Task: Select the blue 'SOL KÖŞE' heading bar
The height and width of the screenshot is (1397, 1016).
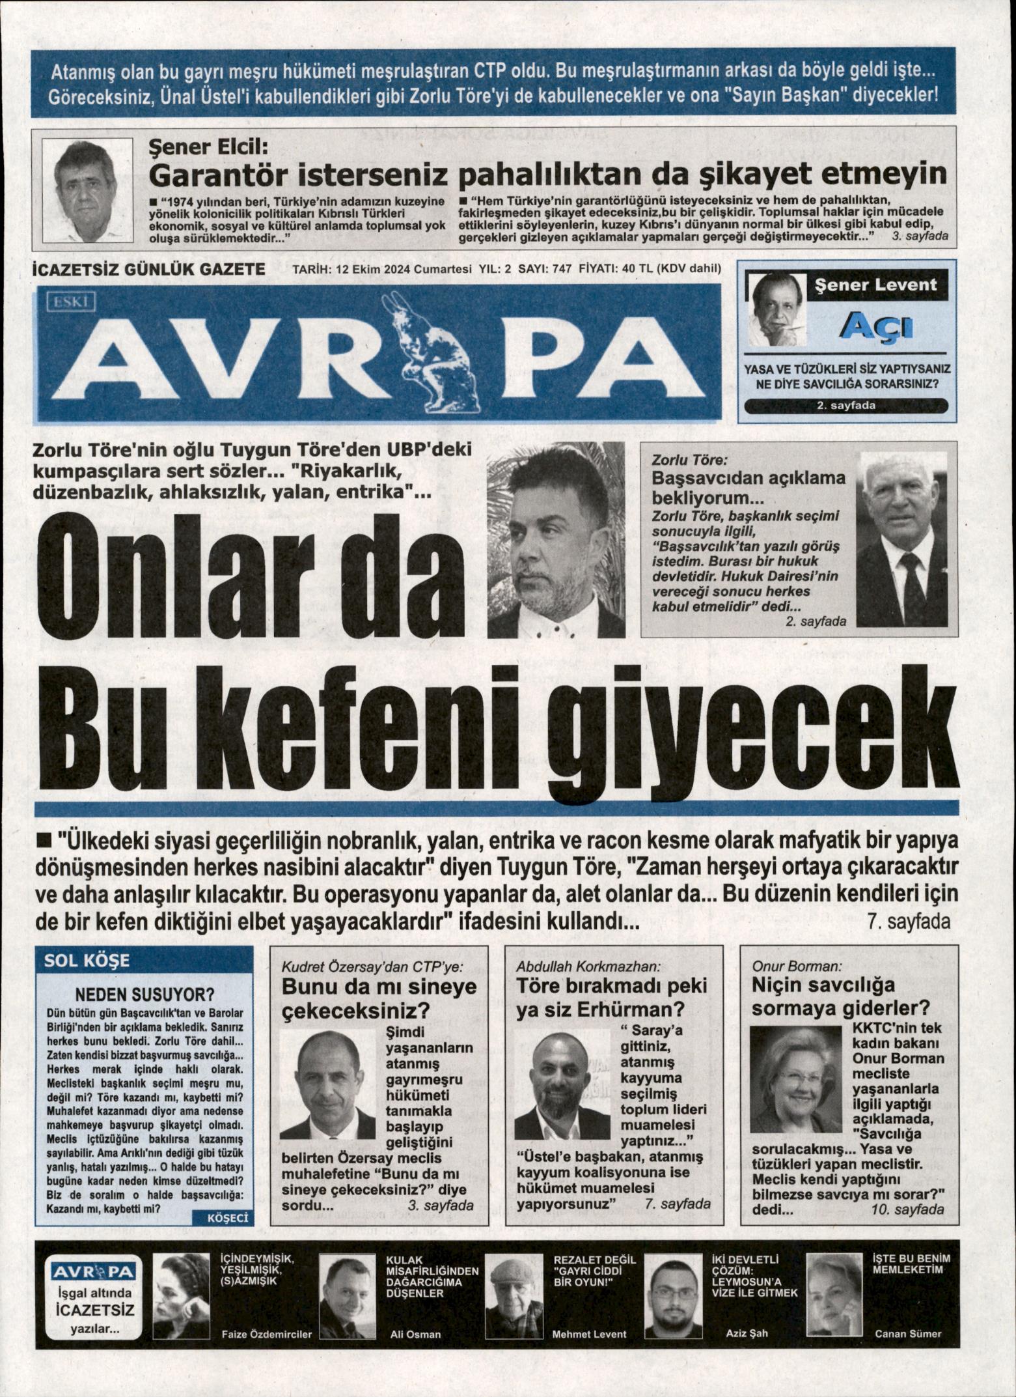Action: tap(144, 961)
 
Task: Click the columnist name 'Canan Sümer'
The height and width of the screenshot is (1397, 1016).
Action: tap(908, 1347)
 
